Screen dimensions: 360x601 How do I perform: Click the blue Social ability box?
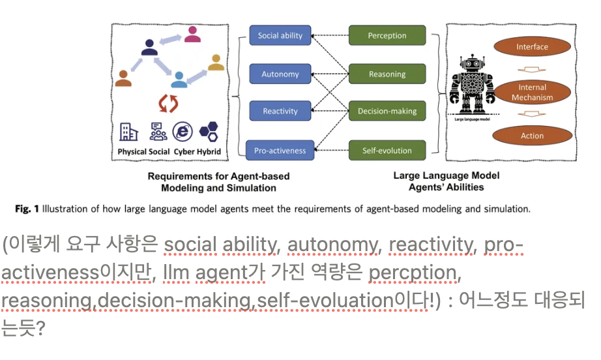(x=280, y=35)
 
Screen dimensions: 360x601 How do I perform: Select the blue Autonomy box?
(x=280, y=74)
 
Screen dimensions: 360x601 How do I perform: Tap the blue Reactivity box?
(x=280, y=112)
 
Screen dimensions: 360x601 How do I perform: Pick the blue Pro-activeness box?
(x=280, y=151)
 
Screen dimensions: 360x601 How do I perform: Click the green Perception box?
(x=387, y=35)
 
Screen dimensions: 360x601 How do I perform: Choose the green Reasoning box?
(x=387, y=74)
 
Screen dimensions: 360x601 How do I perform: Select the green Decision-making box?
(x=387, y=112)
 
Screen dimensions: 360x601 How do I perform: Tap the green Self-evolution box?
(x=387, y=151)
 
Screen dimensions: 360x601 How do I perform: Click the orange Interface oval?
(x=532, y=47)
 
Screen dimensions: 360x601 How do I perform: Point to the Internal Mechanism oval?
(x=532, y=93)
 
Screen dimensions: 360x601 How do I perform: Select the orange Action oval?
(x=532, y=136)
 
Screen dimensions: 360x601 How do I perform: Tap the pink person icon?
(x=192, y=35)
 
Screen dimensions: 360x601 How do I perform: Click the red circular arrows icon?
(x=169, y=103)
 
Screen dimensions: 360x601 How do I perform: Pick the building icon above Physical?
(x=129, y=132)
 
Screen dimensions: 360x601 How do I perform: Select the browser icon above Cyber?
(x=183, y=132)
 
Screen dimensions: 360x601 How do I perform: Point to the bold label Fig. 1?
(x=27, y=209)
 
